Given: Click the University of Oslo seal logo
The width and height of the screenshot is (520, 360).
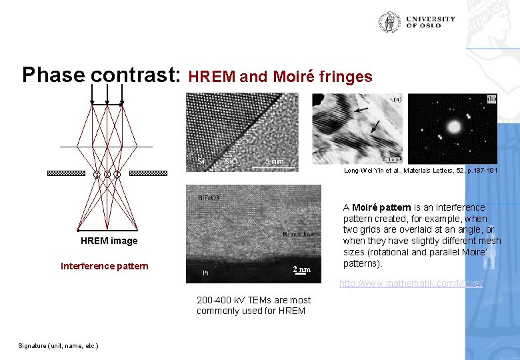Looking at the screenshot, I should (x=389, y=22).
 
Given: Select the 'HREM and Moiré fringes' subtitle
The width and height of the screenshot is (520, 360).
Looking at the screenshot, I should (x=281, y=77).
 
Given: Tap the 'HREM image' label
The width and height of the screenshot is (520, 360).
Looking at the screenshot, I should (x=109, y=241).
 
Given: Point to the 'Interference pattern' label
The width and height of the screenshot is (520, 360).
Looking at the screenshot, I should (x=105, y=266).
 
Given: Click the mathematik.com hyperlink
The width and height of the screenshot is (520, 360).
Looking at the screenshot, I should (x=411, y=284).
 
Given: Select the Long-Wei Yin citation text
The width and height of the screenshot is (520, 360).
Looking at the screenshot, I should (x=420, y=171).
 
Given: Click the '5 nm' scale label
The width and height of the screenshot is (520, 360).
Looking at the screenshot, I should (x=273, y=161).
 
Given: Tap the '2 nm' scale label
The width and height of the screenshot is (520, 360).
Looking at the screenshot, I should (x=302, y=269).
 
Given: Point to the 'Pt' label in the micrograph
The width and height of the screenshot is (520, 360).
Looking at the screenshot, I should (x=206, y=273).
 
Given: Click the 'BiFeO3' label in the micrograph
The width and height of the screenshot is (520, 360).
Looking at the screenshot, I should (x=209, y=197).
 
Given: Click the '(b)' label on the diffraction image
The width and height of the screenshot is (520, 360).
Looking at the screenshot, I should (x=491, y=99).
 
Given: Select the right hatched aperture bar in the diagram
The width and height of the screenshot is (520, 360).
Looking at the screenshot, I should (x=148, y=173).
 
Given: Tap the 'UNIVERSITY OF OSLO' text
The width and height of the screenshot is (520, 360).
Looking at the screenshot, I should (x=430, y=22).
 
